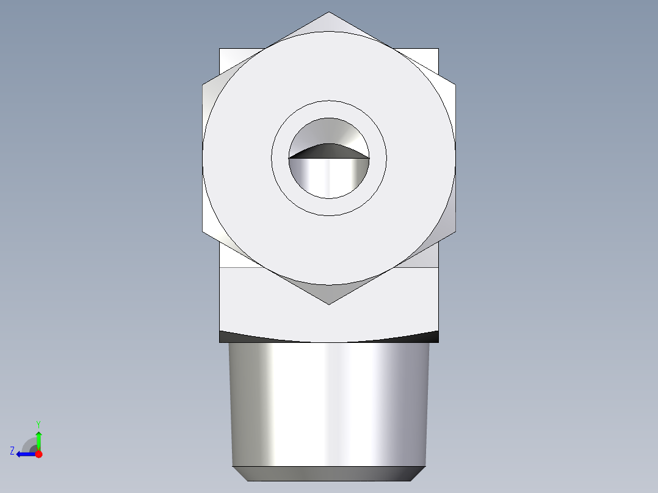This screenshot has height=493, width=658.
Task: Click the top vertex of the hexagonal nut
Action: tap(329, 12)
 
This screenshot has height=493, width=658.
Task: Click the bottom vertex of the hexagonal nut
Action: tap(329, 304)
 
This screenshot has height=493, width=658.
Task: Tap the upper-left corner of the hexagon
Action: tap(203, 85)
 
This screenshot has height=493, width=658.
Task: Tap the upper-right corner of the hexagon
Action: tap(455, 85)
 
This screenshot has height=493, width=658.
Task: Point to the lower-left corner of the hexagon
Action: tap(203, 232)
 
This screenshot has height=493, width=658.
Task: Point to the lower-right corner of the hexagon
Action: tap(455, 232)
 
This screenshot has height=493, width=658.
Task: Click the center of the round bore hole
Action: tap(329, 158)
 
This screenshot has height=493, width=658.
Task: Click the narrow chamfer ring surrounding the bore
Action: tap(329, 109)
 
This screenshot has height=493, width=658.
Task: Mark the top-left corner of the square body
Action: tap(220, 49)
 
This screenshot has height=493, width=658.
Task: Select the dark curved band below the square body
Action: tap(329, 338)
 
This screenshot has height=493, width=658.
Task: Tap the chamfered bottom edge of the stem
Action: tap(329, 473)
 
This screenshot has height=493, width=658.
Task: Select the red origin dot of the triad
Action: tap(38, 454)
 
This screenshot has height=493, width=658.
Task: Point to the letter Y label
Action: tap(38, 423)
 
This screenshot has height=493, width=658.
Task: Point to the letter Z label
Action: tap(12, 451)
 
